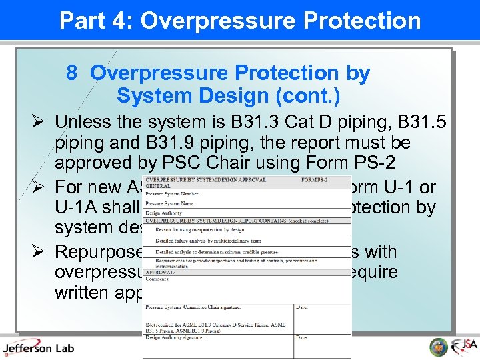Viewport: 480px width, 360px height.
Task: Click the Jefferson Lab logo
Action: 38,347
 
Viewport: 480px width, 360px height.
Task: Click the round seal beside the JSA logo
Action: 438,347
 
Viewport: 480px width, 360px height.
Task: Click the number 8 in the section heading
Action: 72,73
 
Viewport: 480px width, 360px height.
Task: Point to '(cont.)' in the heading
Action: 307,97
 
